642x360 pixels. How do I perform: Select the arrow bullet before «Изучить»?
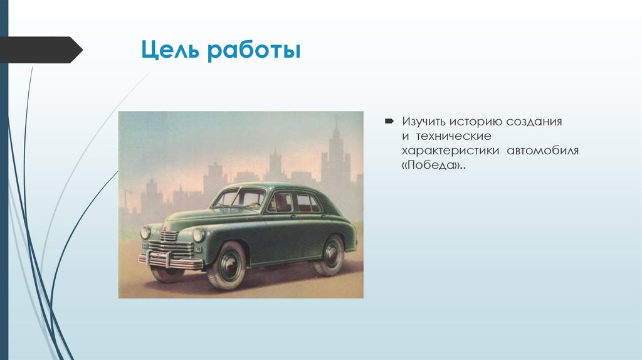coord(389,120)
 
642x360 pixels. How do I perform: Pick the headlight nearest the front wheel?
coord(198,235)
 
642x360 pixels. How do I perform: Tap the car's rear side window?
coord(308,203)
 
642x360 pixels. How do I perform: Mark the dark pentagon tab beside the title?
coord(40,50)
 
